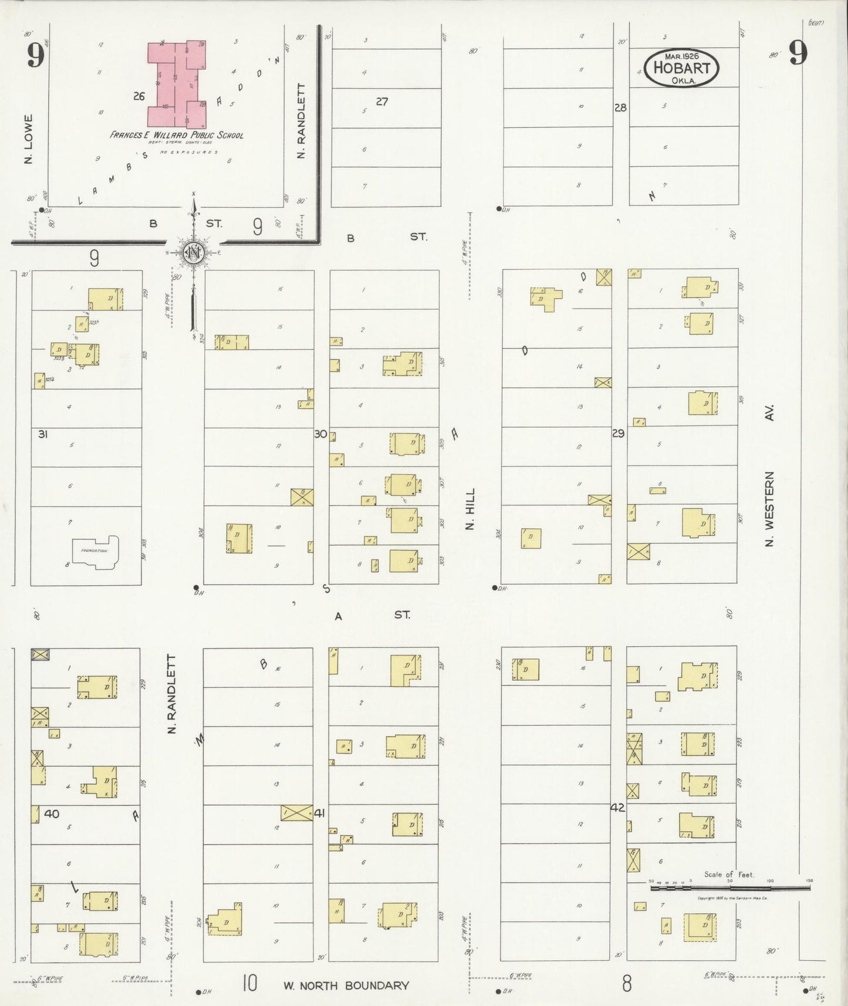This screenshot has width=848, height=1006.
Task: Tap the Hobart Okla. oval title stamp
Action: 681,68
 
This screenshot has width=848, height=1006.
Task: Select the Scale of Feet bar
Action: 730,888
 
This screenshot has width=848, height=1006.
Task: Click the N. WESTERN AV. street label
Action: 769,475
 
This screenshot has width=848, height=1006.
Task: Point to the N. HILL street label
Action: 469,509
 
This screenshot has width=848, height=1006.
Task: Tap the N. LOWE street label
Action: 28,139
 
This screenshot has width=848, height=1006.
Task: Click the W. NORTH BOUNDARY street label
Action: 346,985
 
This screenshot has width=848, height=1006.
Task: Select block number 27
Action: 381,102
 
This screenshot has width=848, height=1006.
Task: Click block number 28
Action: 620,107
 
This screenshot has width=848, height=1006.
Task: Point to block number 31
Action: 43,434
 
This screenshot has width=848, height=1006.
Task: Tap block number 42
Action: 617,808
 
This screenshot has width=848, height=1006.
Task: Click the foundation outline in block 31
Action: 94,552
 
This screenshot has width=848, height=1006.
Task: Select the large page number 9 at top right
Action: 798,53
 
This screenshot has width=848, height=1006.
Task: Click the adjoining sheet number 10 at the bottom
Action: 249,983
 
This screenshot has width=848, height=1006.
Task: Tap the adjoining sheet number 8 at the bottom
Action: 627,984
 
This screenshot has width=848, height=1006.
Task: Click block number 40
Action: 52,813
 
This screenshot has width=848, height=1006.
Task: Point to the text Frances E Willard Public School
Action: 176,135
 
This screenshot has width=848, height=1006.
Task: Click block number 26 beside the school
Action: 138,96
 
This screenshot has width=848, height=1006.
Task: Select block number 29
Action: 618,433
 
